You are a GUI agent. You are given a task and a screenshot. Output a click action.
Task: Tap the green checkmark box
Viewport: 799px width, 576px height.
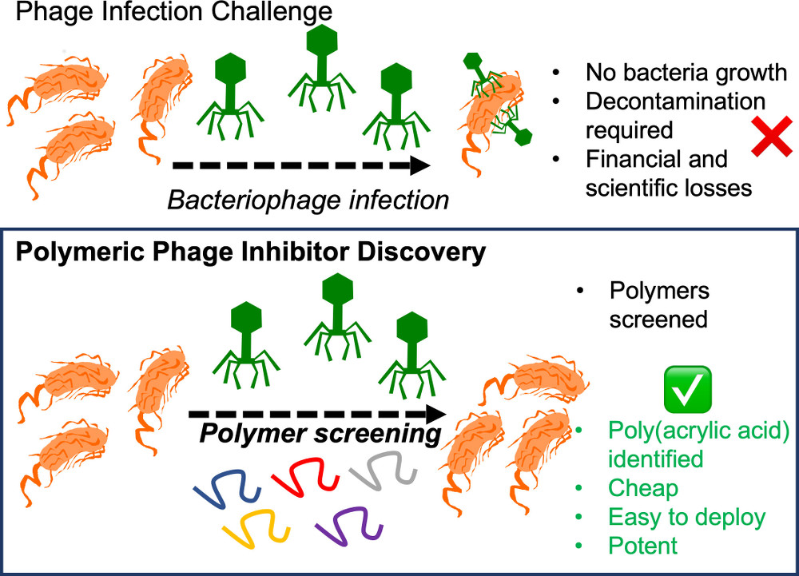[x=688, y=386]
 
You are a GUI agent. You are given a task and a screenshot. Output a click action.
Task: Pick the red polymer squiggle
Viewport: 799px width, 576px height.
[x=306, y=475]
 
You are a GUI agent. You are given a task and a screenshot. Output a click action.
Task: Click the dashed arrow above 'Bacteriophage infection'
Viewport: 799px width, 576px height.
[x=301, y=166]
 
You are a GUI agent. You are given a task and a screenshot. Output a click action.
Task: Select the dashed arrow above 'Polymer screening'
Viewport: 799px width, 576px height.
[x=317, y=415]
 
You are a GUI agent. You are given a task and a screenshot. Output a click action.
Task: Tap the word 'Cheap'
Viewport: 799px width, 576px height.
[x=642, y=488]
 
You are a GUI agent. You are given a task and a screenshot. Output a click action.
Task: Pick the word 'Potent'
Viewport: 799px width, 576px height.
[x=642, y=546]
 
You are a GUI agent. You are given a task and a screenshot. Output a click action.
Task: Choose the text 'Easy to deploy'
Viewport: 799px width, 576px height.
[x=686, y=517]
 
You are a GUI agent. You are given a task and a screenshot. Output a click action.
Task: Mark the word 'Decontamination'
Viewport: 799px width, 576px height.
[x=675, y=101]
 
